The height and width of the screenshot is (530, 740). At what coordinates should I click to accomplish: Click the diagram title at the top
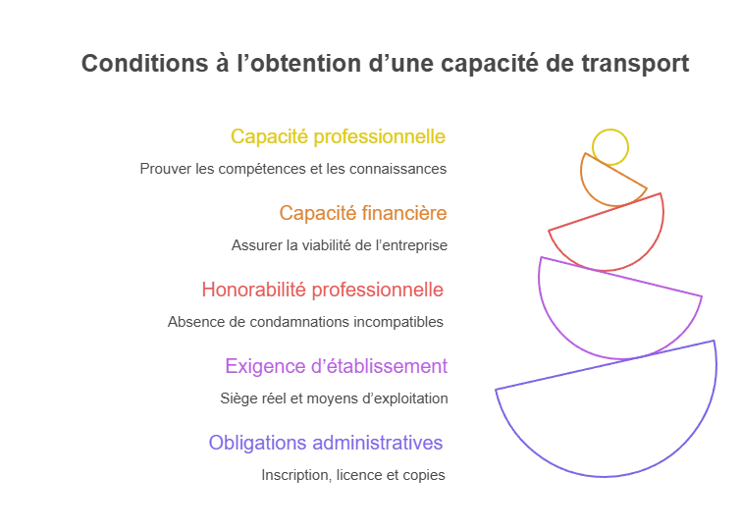tap(383, 65)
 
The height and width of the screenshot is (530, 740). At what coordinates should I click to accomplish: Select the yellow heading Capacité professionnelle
tap(338, 137)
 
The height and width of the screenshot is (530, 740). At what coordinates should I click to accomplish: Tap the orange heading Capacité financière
tap(362, 212)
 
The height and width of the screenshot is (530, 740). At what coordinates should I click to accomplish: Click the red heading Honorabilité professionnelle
tap(323, 290)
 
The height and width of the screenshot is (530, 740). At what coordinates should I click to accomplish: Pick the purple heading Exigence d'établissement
tap(337, 366)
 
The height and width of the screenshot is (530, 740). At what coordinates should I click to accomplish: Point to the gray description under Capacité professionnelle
tap(290, 171)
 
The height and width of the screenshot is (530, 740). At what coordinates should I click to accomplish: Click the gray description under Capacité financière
tap(337, 242)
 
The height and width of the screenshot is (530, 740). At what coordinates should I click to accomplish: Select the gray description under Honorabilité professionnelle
tap(305, 321)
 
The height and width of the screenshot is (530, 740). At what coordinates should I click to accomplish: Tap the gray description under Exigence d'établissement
tap(337, 399)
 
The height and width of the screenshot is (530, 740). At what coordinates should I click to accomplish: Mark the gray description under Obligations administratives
tap(352, 477)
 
